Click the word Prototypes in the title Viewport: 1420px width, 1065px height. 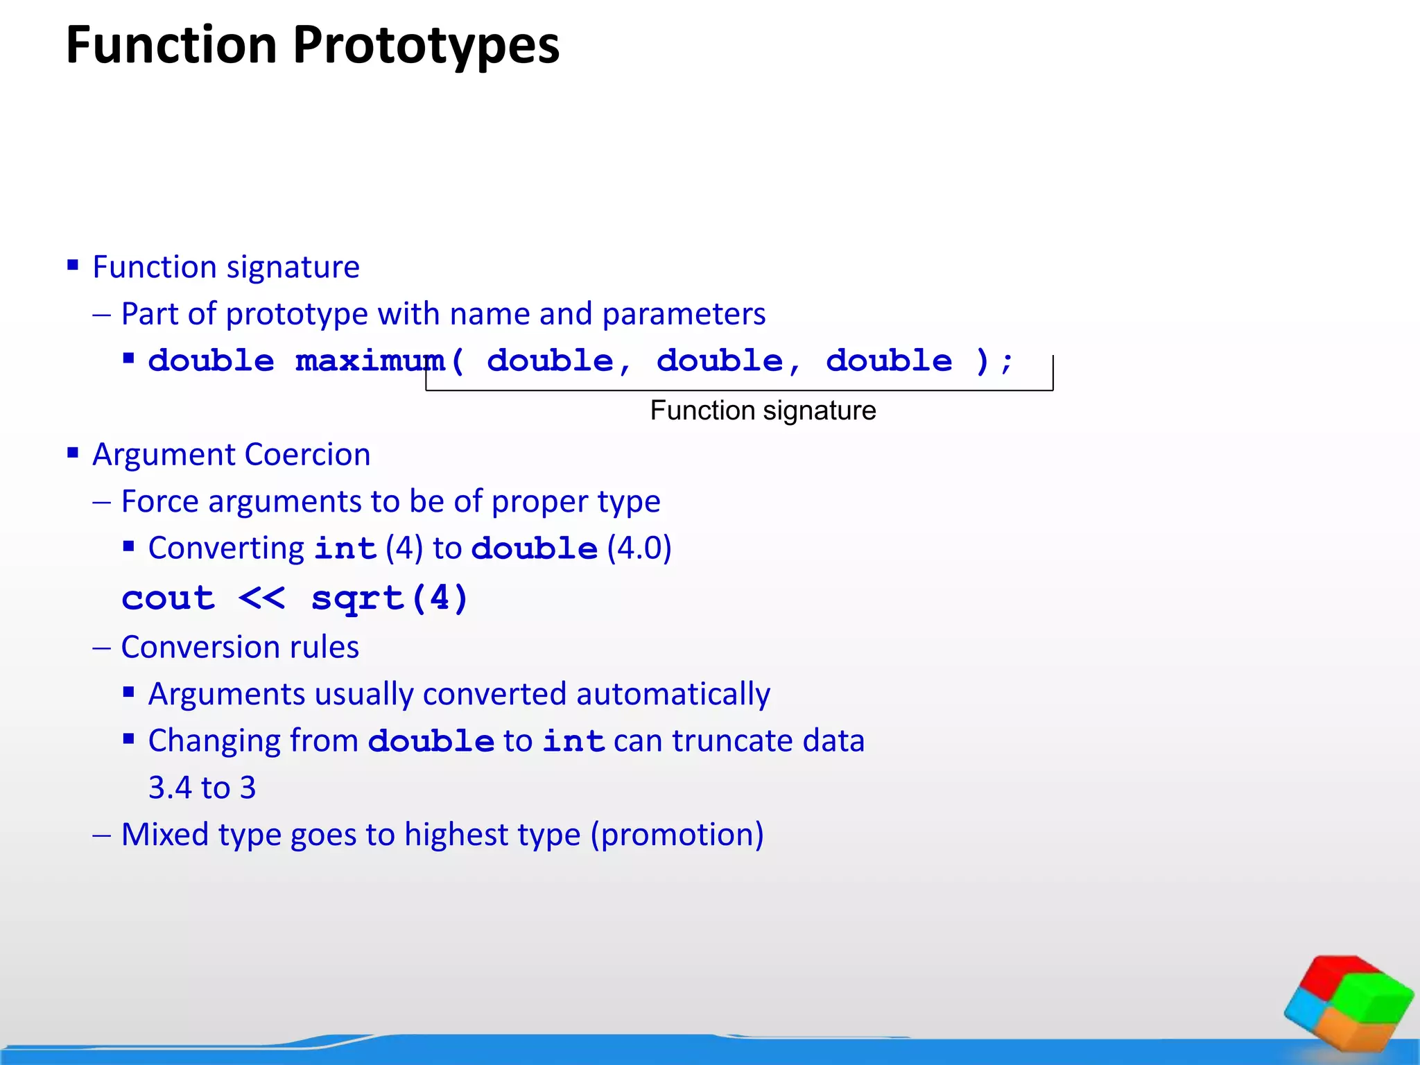pos(426,46)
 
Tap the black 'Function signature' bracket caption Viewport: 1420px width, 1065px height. pos(763,410)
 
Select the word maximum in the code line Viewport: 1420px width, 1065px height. pos(370,361)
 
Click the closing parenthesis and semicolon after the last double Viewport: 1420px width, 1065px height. pos(994,361)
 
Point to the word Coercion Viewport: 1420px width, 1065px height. pos(307,455)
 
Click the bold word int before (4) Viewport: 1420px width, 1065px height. pos(345,548)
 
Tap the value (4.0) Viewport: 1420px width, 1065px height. pos(639,548)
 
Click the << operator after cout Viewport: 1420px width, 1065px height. pos(261,598)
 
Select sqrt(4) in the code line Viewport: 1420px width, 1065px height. pos(390,598)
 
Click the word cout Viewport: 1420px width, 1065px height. pos(168,598)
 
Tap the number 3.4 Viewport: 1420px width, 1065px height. pos(170,788)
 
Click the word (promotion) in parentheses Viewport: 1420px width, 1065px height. pos(677,834)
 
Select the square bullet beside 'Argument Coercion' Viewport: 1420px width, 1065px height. pos(73,453)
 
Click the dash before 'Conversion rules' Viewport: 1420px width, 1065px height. pos(101,648)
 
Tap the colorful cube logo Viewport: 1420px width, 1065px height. pos(1349,1002)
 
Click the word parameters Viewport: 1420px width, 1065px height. pos(684,314)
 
